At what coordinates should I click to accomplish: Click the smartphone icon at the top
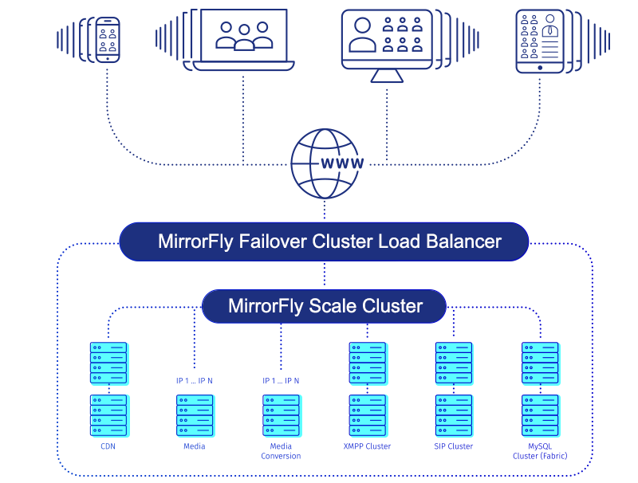[108, 40]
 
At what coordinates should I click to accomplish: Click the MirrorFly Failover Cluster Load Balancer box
[324, 241]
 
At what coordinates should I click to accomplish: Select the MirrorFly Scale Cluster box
[324, 306]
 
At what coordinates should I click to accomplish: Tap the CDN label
[108, 446]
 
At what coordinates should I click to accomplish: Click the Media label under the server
[195, 446]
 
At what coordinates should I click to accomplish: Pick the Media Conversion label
[281, 451]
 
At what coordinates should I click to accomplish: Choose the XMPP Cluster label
[367, 446]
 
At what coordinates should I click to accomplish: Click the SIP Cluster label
[454, 446]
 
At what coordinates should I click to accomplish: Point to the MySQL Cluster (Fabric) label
[540, 451]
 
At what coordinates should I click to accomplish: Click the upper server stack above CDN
[108, 363]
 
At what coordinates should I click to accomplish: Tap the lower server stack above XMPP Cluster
[367, 415]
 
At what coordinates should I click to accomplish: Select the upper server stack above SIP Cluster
[454, 363]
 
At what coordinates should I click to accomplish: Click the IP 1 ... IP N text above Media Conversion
[281, 380]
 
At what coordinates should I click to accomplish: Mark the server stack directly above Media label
[195, 415]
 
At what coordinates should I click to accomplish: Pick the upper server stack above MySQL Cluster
[540, 363]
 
